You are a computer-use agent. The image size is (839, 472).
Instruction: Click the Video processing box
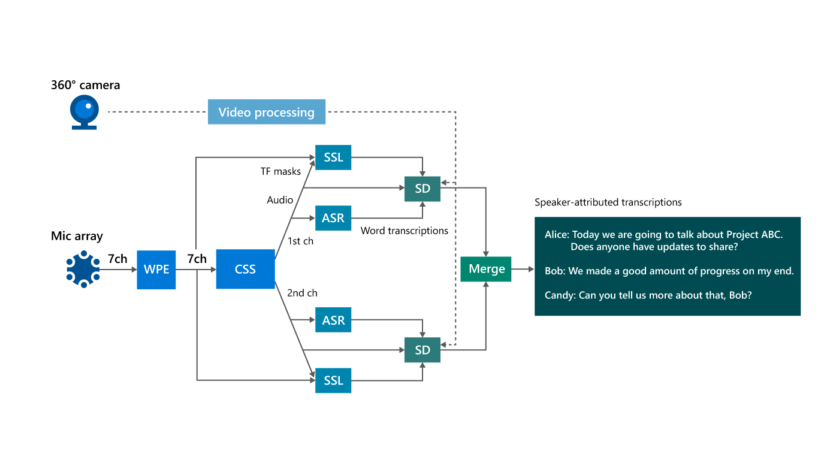pos(266,112)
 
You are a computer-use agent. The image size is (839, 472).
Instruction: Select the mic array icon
pos(83,269)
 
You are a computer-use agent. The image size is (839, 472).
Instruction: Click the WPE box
pos(156,270)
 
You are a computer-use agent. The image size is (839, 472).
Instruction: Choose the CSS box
pos(245,270)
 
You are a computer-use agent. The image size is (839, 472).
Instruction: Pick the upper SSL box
pos(333,158)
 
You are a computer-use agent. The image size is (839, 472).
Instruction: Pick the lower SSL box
pos(333,380)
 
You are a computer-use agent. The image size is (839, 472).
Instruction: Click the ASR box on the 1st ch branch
pos(333,218)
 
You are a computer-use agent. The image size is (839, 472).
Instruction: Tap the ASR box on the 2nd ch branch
pos(333,320)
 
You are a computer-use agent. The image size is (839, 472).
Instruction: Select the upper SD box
pos(422,189)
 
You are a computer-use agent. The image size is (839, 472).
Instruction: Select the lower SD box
pos(422,350)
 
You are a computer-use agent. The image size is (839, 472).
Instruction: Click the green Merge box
pos(486,269)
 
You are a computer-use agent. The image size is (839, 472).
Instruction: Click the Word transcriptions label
pos(404,231)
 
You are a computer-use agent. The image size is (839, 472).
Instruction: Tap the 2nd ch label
pos(302,293)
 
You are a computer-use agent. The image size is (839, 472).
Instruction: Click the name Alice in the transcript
pos(556,235)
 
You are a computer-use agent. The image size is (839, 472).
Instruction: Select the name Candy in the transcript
pos(559,295)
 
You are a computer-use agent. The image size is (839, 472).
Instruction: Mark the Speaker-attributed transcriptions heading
pos(608,202)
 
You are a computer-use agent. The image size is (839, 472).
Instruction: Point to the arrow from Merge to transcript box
pos(523,270)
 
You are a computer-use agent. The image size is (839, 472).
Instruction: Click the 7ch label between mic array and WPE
pos(117,259)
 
